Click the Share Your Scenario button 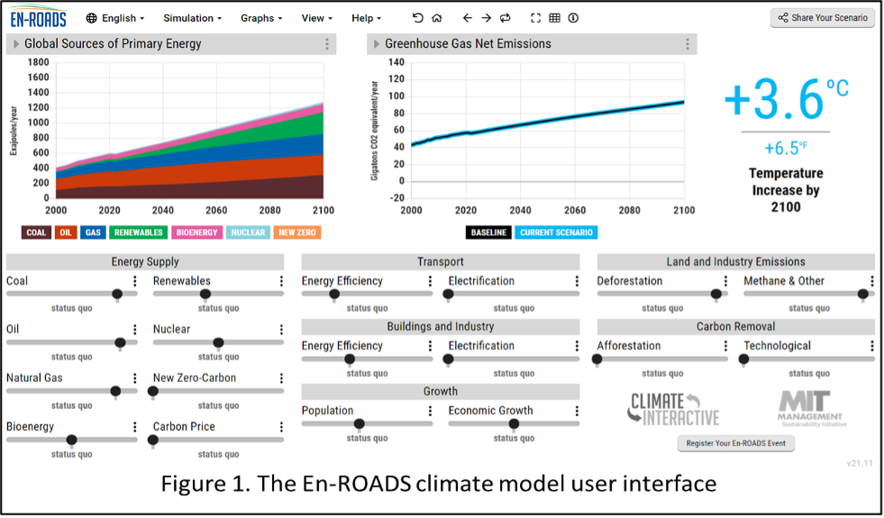[x=823, y=18]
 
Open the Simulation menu [x=194, y=18]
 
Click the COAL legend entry [x=36, y=232]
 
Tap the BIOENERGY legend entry [x=196, y=232]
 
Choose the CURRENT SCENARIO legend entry [x=556, y=232]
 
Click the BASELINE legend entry [x=488, y=232]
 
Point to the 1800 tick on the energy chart [x=38, y=62]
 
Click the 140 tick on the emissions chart [x=396, y=62]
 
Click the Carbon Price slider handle [x=153, y=440]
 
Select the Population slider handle [x=359, y=423]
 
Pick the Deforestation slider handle [x=716, y=294]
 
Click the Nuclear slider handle [x=218, y=342]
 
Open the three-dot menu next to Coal [x=135, y=281]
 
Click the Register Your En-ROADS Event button [x=735, y=443]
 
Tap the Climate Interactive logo [x=673, y=408]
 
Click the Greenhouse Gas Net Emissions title [x=468, y=44]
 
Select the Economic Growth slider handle [x=514, y=423]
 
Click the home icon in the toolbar [x=437, y=18]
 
